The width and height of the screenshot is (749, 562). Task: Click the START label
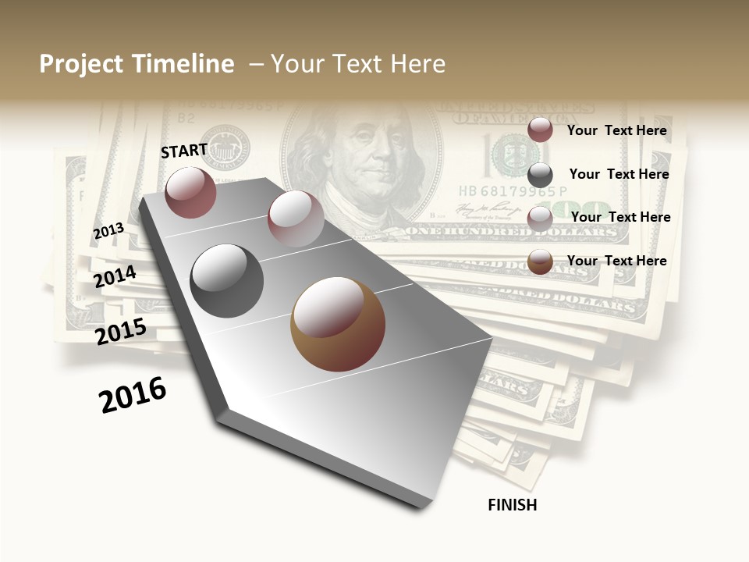pos(184,151)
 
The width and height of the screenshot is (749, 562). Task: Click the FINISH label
pos(512,505)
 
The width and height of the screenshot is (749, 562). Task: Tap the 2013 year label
pos(108,231)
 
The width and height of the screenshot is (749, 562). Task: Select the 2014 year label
pos(115,276)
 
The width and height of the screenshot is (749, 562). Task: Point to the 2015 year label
pos(121,332)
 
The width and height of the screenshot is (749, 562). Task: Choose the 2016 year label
pos(133,395)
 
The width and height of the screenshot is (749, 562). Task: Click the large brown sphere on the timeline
pos(338,324)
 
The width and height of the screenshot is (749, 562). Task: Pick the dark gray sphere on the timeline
pos(226,280)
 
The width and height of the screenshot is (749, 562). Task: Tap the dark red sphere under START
pos(191,192)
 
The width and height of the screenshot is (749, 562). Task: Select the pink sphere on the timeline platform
pos(296,218)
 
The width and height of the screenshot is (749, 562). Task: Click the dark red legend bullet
pos(540,130)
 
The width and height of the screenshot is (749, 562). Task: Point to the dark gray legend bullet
pos(540,175)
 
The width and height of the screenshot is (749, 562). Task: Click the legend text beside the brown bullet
pos(616,261)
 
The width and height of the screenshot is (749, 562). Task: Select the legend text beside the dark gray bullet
pos(619,174)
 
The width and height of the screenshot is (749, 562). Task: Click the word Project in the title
pos(81,64)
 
